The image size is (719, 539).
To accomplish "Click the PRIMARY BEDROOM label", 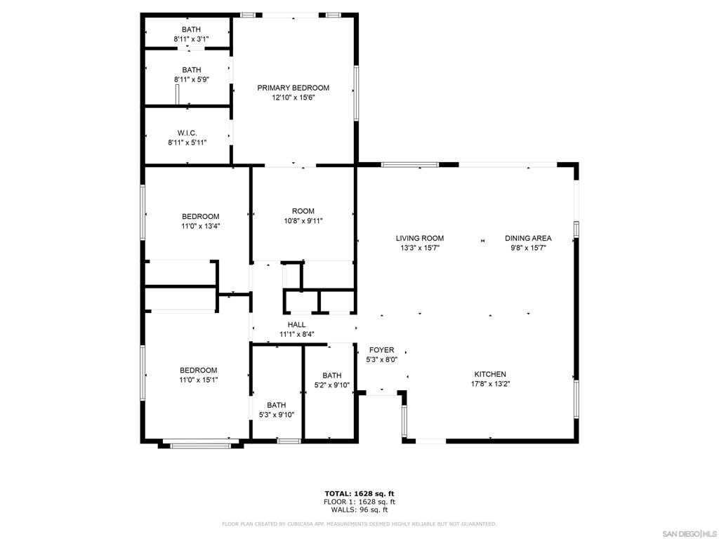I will (x=293, y=88).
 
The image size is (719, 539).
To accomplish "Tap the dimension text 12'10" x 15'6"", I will (x=293, y=98).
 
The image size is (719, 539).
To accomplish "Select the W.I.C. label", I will (x=187, y=133).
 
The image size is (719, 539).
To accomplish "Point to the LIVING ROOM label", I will (x=419, y=238).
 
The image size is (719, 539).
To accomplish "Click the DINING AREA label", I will (x=528, y=238).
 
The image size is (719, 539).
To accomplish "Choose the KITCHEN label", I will (x=489, y=374).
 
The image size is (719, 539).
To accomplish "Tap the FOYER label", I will (x=382, y=350).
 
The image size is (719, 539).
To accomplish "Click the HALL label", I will (x=296, y=324).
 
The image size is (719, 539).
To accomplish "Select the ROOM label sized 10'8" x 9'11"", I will (x=303, y=211).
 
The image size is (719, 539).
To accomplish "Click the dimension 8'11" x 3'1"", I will (x=191, y=39).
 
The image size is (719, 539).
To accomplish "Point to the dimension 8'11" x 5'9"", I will (x=191, y=80).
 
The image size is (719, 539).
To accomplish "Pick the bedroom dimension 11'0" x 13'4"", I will (x=200, y=226).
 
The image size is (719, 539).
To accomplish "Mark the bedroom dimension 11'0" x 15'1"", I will (x=198, y=380).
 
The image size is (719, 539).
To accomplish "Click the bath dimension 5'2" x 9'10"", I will (x=331, y=385).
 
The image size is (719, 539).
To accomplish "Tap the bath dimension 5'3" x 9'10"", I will (x=276, y=415).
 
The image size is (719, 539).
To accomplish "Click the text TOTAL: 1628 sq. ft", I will (x=359, y=493).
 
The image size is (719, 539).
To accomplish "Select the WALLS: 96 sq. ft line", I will (x=359, y=510).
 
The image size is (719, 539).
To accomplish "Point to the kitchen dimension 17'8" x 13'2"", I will (x=489, y=384).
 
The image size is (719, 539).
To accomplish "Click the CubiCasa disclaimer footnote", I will (x=359, y=524).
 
